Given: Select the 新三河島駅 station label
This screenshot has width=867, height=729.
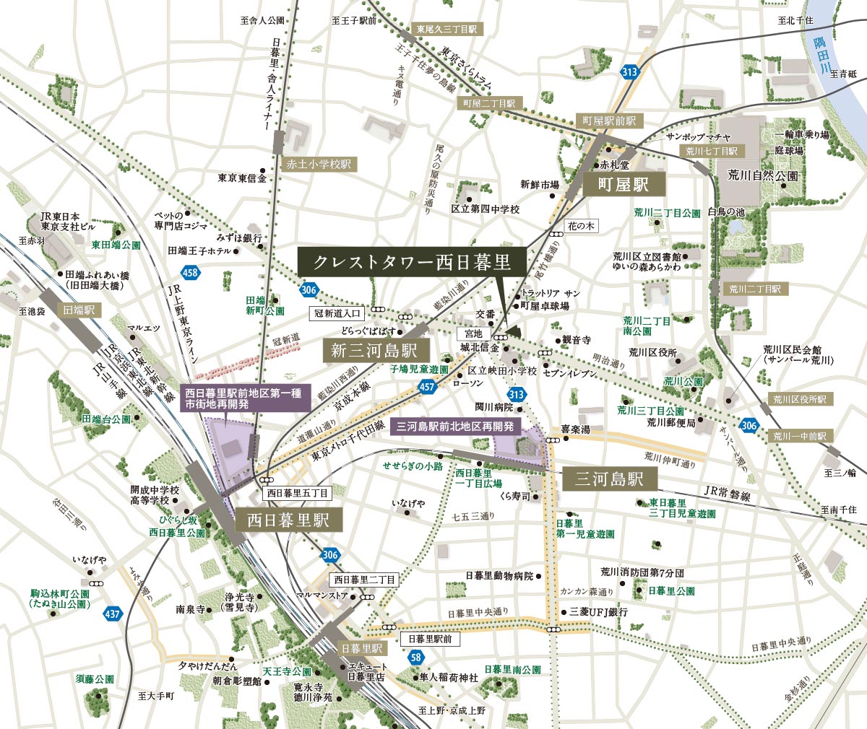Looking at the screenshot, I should (376, 352).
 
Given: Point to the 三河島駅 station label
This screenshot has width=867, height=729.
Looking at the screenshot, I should (609, 479).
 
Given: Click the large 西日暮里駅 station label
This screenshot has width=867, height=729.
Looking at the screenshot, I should (288, 520).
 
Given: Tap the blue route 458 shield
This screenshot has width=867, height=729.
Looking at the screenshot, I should (191, 273).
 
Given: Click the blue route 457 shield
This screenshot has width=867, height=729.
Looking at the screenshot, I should (427, 388).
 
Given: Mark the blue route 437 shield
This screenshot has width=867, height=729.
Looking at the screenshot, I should (112, 614).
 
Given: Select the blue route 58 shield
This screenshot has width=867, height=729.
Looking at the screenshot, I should (415, 658).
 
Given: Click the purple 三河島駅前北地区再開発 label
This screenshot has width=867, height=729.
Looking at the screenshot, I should (455, 427).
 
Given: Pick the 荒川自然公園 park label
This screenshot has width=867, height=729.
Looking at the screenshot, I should (763, 176).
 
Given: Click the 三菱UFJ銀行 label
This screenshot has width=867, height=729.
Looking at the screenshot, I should (598, 612).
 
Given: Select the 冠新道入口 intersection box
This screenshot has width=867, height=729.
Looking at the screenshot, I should (338, 313).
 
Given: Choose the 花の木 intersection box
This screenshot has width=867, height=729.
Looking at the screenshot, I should (581, 226).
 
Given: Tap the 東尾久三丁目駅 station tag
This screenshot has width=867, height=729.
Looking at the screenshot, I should (447, 30).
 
